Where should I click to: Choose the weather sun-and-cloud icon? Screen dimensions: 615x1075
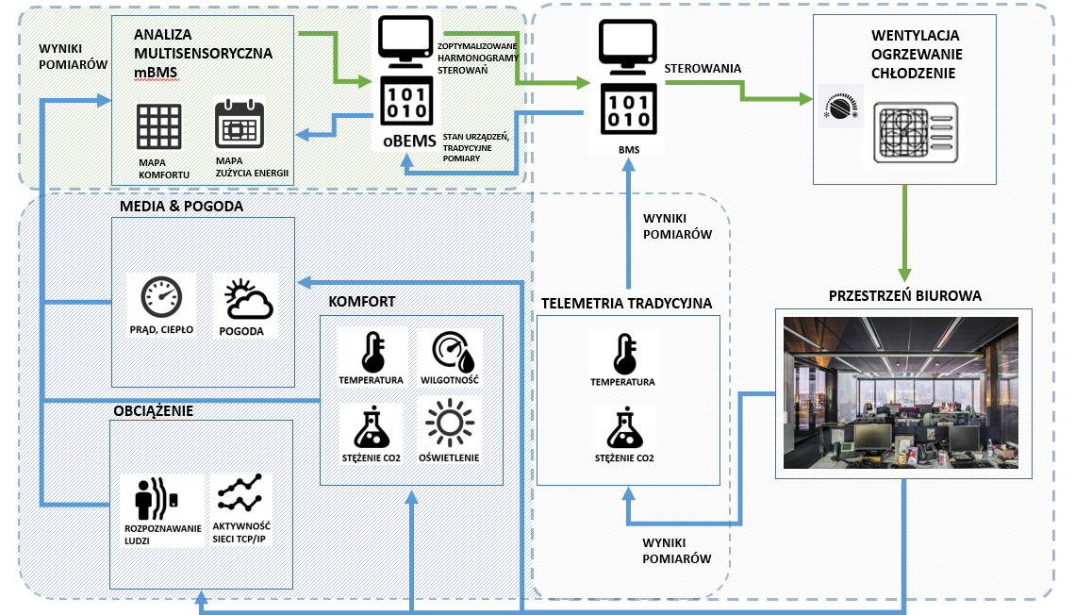(x=248, y=299)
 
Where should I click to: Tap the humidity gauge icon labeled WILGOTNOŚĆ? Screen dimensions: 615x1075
(x=451, y=351)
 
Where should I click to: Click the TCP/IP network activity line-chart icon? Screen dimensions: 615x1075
(x=240, y=493)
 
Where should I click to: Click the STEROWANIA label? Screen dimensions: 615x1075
(x=702, y=69)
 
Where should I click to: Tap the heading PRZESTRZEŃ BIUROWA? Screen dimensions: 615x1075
(x=904, y=295)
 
